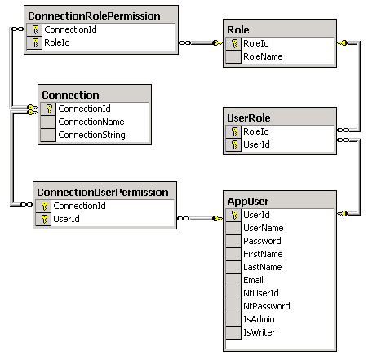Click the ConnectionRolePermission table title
tap(94, 16)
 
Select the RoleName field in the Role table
tap(263, 56)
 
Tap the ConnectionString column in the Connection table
tap(91, 135)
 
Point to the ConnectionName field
tap(91, 122)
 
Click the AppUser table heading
tap(248, 202)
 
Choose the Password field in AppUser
tap(262, 241)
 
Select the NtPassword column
tap(267, 306)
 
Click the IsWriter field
tap(259, 332)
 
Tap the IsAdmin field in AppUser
tap(259, 319)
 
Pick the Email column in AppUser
tap(253, 280)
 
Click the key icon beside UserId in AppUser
tap(234, 215)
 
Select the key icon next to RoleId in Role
tap(234, 43)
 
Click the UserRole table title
tap(249, 118)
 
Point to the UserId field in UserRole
tap(256, 144)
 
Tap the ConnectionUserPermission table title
tap(103, 193)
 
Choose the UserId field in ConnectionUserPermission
tap(66, 219)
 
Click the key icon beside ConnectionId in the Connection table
tap(49, 109)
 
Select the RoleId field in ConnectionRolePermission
tap(57, 42)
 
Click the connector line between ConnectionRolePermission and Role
tap(201, 42)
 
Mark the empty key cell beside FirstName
tap(233, 254)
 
